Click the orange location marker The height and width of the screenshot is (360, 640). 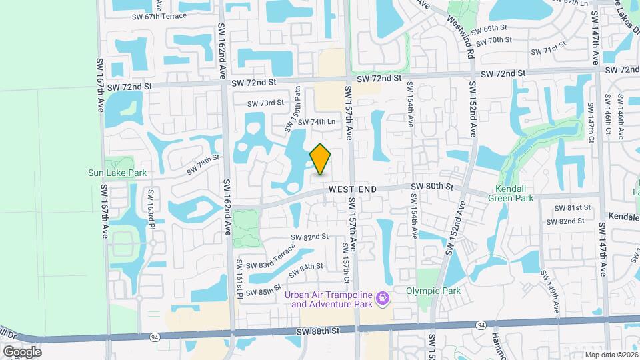(321, 159)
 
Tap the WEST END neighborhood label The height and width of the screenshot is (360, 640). (353, 189)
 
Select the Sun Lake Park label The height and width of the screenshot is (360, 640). (117, 173)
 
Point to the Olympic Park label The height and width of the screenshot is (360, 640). (434, 291)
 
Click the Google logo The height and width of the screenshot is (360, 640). (22, 351)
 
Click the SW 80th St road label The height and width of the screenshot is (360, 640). (432, 187)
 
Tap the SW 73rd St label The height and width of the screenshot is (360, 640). (266, 103)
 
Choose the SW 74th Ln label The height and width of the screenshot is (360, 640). (316, 122)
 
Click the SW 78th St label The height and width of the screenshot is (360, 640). (203, 164)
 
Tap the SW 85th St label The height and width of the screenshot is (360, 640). (263, 292)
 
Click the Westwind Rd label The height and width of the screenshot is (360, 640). (471, 41)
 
